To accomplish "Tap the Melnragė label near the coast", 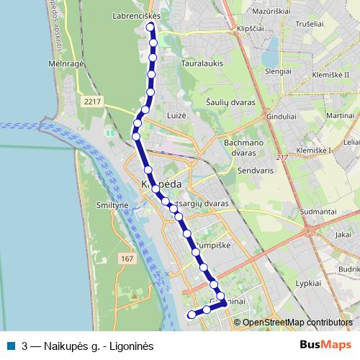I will (67, 63).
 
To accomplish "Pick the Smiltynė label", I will (111, 205).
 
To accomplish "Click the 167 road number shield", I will (127, 258).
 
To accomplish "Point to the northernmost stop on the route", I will (151, 28).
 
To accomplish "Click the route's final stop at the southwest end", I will (191, 314).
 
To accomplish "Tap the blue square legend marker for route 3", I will (13, 345).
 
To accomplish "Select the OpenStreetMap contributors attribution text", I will (297, 323).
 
